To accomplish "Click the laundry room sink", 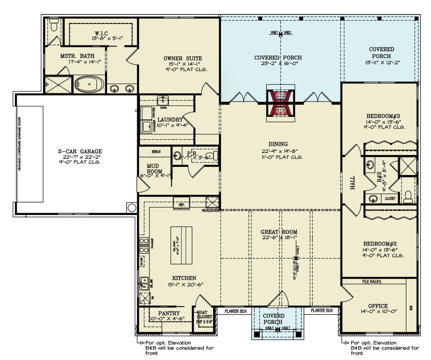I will [x=163, y=99].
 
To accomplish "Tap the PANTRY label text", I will [x=169, y=313].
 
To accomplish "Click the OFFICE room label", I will [x=378, y=306].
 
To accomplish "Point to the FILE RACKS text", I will [x=371, y=281].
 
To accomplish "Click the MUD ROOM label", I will [x=152, y=168].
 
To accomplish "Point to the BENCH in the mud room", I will [x=156, y=151].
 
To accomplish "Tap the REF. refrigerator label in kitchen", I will [x=181, y=204].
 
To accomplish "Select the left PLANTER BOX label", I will [x=235, y=311].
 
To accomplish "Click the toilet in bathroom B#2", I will [x=408, y=195].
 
